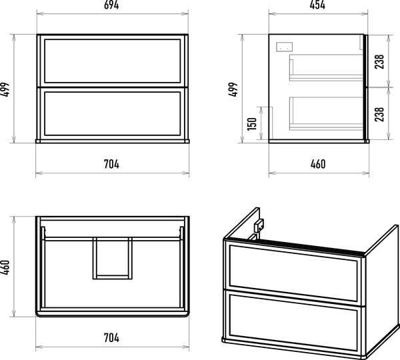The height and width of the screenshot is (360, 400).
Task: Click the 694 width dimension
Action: (x=111, y=5)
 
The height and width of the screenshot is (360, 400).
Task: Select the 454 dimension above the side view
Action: (x=317, y=5)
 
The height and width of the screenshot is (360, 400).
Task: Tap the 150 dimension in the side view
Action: (x=252, y=124)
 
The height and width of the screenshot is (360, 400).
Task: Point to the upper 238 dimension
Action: (x=379, y=61)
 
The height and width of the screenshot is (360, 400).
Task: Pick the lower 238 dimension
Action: (x=379, y=114)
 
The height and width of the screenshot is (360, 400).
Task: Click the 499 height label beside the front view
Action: (x=5, y=89)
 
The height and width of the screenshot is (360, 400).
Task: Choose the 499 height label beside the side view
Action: (x=233, y=89)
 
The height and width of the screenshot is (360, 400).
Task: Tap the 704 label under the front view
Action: (x=111, y=164)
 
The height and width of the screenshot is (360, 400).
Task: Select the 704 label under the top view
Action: (x=111, y=338)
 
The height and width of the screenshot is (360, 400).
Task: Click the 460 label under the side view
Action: (x=318, y=164)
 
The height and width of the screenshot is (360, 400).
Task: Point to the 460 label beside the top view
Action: (x=5, y=267)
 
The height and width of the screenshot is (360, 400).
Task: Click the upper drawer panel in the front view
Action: (x=113, y=61)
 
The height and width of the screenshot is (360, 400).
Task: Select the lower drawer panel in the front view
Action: (x=113, y=113)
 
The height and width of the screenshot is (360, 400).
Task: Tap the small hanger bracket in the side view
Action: (x=285, y=47)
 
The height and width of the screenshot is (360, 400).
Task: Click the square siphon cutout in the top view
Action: (x=113, y=258)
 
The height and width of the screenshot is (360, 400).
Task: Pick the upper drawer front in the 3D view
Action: (x=293, y=272)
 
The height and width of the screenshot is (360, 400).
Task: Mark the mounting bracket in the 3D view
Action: (x=258, y=227)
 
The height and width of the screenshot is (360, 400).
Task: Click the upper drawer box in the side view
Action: (x=326, y=67)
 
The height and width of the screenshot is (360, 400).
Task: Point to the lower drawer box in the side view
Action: (x=326, y=113)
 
